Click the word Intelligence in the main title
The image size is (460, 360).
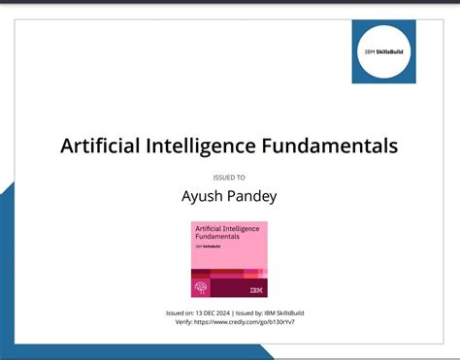203,146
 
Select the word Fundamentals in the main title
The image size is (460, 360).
330,146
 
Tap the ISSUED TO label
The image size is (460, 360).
229,178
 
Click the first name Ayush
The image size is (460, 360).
203,197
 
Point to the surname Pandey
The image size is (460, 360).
251,197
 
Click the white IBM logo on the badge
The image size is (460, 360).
255,288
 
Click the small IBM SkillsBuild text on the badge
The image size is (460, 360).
210,247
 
